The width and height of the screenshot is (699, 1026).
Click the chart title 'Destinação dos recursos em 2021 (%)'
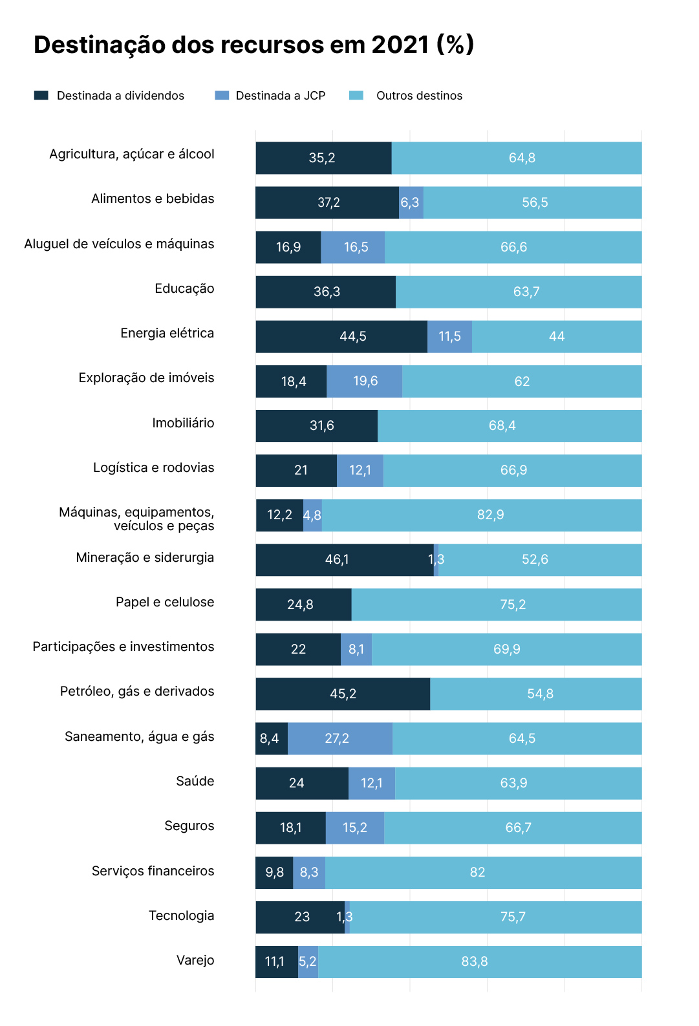253,45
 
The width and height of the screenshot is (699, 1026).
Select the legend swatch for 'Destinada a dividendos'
41,96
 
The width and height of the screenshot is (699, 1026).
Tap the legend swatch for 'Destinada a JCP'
222,96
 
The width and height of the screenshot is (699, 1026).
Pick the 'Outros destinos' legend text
419,96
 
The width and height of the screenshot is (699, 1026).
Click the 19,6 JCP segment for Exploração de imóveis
365,381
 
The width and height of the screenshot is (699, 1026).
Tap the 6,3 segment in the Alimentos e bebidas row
411,203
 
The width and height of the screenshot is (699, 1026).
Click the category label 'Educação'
184,288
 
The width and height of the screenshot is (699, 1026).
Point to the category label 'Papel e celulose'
165,602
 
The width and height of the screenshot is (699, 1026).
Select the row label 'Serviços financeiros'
153,871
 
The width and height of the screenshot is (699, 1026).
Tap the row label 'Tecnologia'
181,915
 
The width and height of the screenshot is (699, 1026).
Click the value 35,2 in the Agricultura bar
322,158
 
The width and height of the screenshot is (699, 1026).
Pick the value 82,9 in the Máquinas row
490,515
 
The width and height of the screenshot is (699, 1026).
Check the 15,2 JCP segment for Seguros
355,828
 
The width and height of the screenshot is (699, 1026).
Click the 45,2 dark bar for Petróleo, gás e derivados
343,694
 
